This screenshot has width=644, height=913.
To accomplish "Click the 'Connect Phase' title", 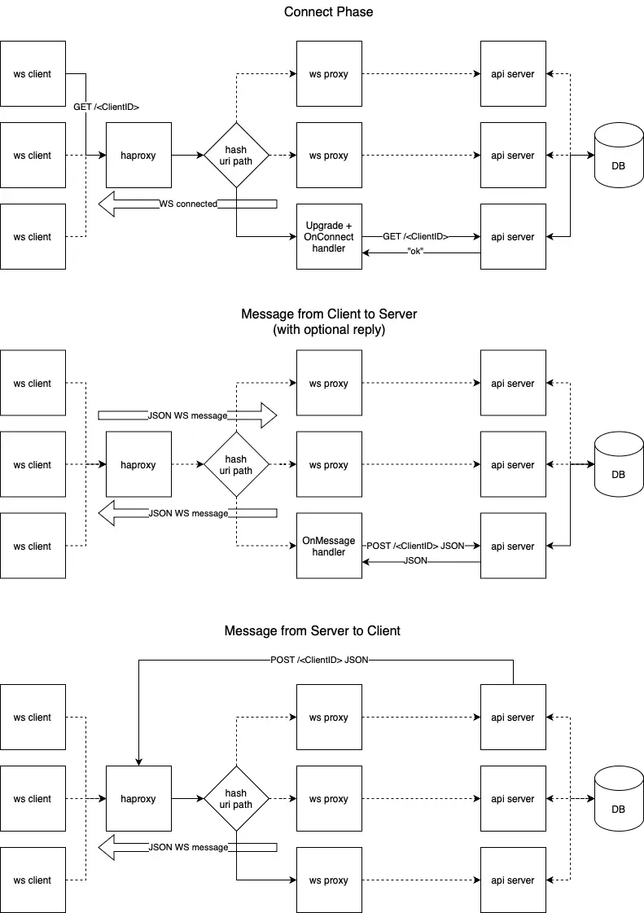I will pos(329,12).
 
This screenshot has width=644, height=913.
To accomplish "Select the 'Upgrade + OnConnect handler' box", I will pos(329,237).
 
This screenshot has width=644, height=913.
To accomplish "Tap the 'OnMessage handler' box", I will pos(329,546).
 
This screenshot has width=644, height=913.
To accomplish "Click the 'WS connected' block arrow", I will pos(188,204).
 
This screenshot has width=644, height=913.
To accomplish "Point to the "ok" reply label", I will pos(416,252).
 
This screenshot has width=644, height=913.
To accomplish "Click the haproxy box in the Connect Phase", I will pos(138,156).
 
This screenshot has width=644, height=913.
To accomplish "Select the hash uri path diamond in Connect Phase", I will pos(235,156).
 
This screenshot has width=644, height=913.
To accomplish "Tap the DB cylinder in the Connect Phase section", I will pos(618,159).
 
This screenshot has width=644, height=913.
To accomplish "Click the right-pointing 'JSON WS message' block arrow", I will pos(188,415).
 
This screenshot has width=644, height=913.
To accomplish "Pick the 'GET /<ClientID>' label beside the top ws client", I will pos(107,107).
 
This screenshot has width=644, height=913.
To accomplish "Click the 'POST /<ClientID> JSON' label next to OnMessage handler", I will pos(415,546).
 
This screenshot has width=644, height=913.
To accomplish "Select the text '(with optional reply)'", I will pos(329,330).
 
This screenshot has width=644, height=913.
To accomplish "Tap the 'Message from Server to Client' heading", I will pos(313,631).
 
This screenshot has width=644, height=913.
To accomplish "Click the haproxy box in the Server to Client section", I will pos(138,799).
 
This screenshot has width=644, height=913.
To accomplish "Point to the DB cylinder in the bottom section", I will pos(618,802).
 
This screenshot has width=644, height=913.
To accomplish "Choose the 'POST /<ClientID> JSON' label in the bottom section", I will pos(319,660).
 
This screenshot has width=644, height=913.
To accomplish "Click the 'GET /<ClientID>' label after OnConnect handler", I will pos(415,236).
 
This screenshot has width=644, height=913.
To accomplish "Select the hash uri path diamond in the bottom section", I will pos(235,799).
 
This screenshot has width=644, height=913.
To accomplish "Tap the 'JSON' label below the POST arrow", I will pos(415,561).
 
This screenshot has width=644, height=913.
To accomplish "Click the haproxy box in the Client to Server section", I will pos(138,465).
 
